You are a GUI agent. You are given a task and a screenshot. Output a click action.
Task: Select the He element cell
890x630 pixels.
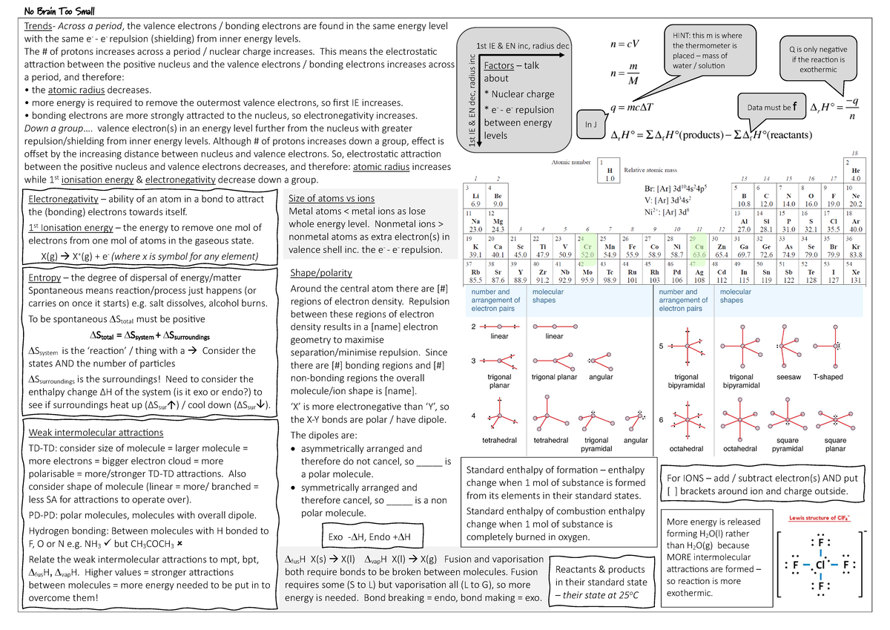855,171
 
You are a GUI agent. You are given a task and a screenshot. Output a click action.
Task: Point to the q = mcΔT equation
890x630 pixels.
631,107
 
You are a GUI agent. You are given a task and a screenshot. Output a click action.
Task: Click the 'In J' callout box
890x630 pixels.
590,124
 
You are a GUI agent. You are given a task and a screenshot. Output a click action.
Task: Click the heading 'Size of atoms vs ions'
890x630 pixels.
331,199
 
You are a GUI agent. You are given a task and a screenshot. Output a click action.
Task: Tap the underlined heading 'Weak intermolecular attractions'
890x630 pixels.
96,433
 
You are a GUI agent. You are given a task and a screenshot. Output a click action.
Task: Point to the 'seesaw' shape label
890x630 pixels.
788,377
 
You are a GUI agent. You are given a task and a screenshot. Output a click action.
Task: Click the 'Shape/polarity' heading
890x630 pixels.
320,272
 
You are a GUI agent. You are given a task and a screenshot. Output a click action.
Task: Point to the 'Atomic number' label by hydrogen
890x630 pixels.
571,162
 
